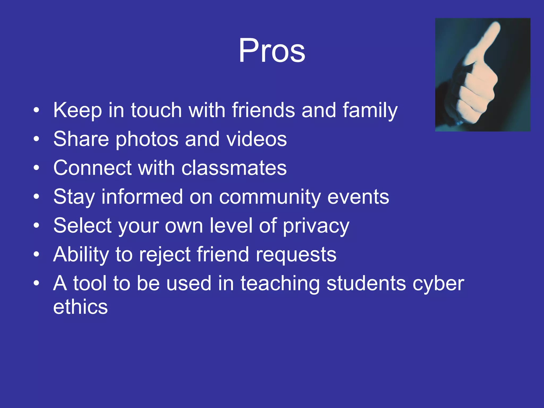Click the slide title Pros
tap(272, 50)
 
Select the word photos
tap(147, 139)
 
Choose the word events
tap(358, 197)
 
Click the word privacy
tap(316, 226)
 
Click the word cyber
tap(438, 284)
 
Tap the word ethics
tap(80, 307)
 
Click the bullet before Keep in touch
tap(36, 110)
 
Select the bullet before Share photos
tap(36, 139)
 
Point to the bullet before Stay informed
tap(36, 197)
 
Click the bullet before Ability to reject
tap(36, 254)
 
